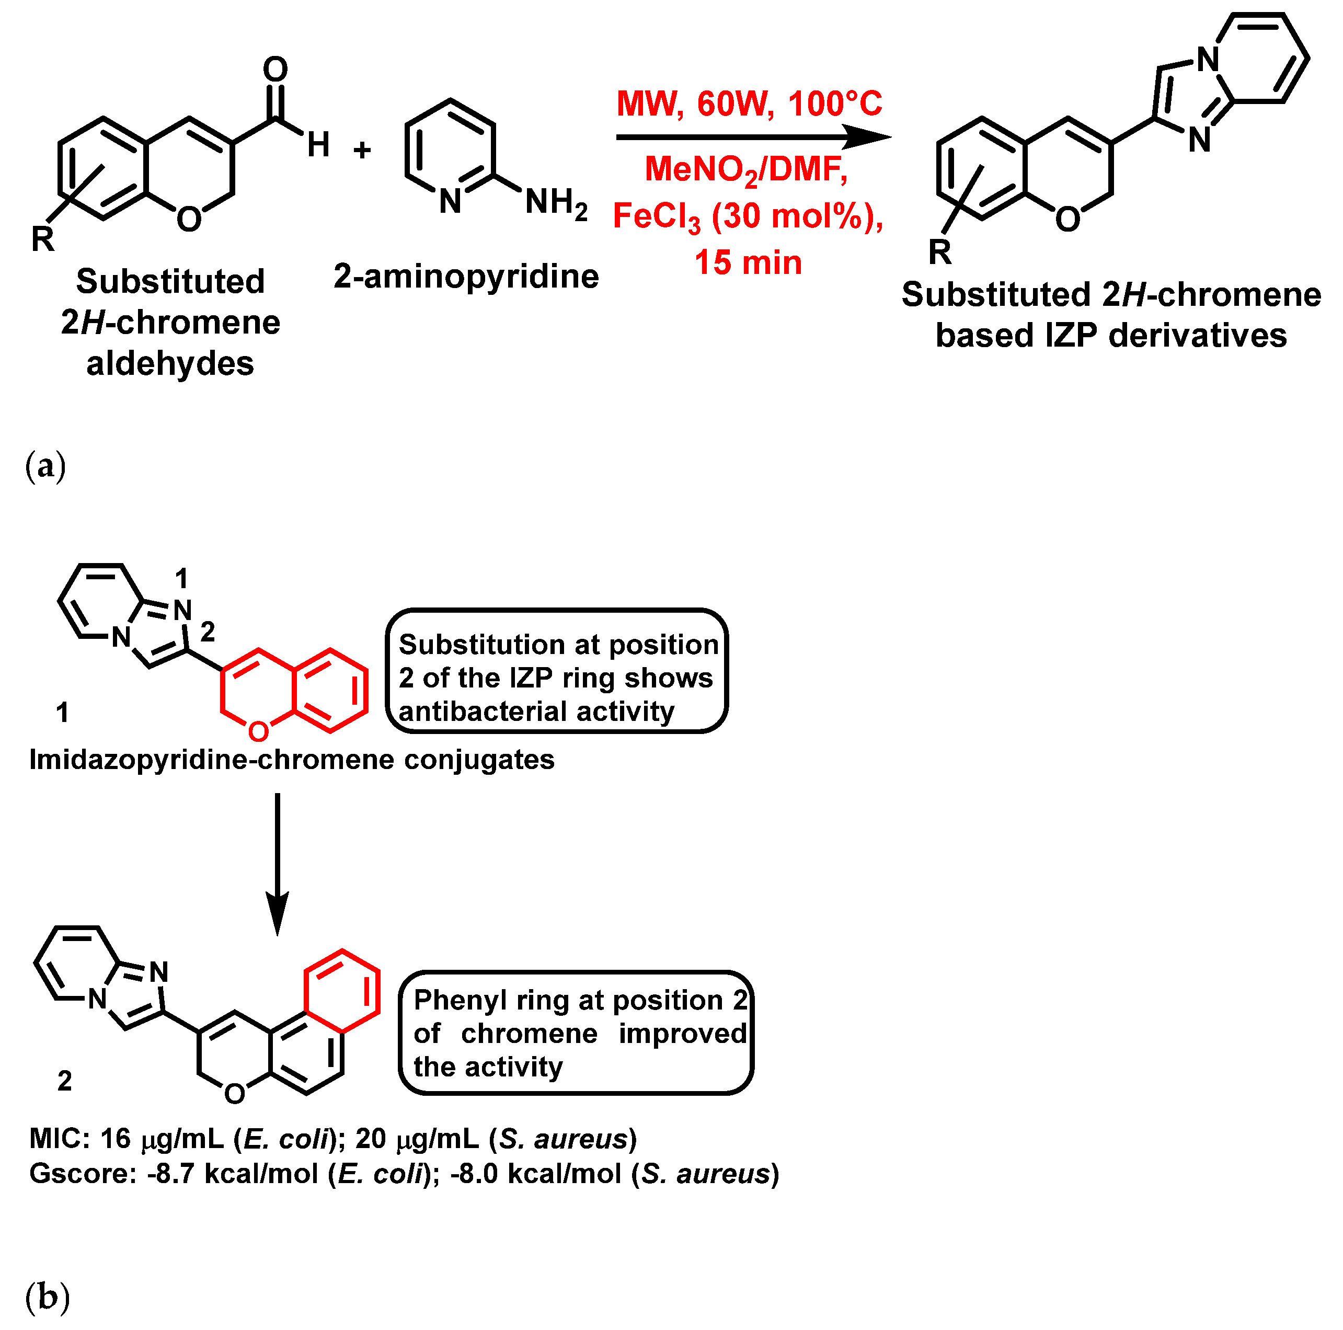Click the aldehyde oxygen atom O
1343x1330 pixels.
[x=276, y=70]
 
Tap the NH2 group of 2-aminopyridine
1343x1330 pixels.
[x=556, y=202]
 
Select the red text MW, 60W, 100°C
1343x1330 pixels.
[x=749, y=104]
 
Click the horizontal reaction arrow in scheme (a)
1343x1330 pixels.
[x=751, y=137]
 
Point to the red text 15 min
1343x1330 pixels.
[x=748, y=263]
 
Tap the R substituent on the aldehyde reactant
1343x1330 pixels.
[x=43, y=239]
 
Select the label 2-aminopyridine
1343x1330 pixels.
[x=466, y=276]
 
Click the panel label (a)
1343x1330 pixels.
[x=45, y=466]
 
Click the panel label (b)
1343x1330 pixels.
[x=47, y=1297]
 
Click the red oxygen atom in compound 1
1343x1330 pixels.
[x=258, y=731]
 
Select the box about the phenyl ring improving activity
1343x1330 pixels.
[x=576, y=1033]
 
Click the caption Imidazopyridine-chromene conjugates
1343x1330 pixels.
[x=291, y=760]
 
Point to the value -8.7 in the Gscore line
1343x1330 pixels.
[x=170, y=1174]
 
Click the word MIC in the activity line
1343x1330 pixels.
[x=55, y=1139]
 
